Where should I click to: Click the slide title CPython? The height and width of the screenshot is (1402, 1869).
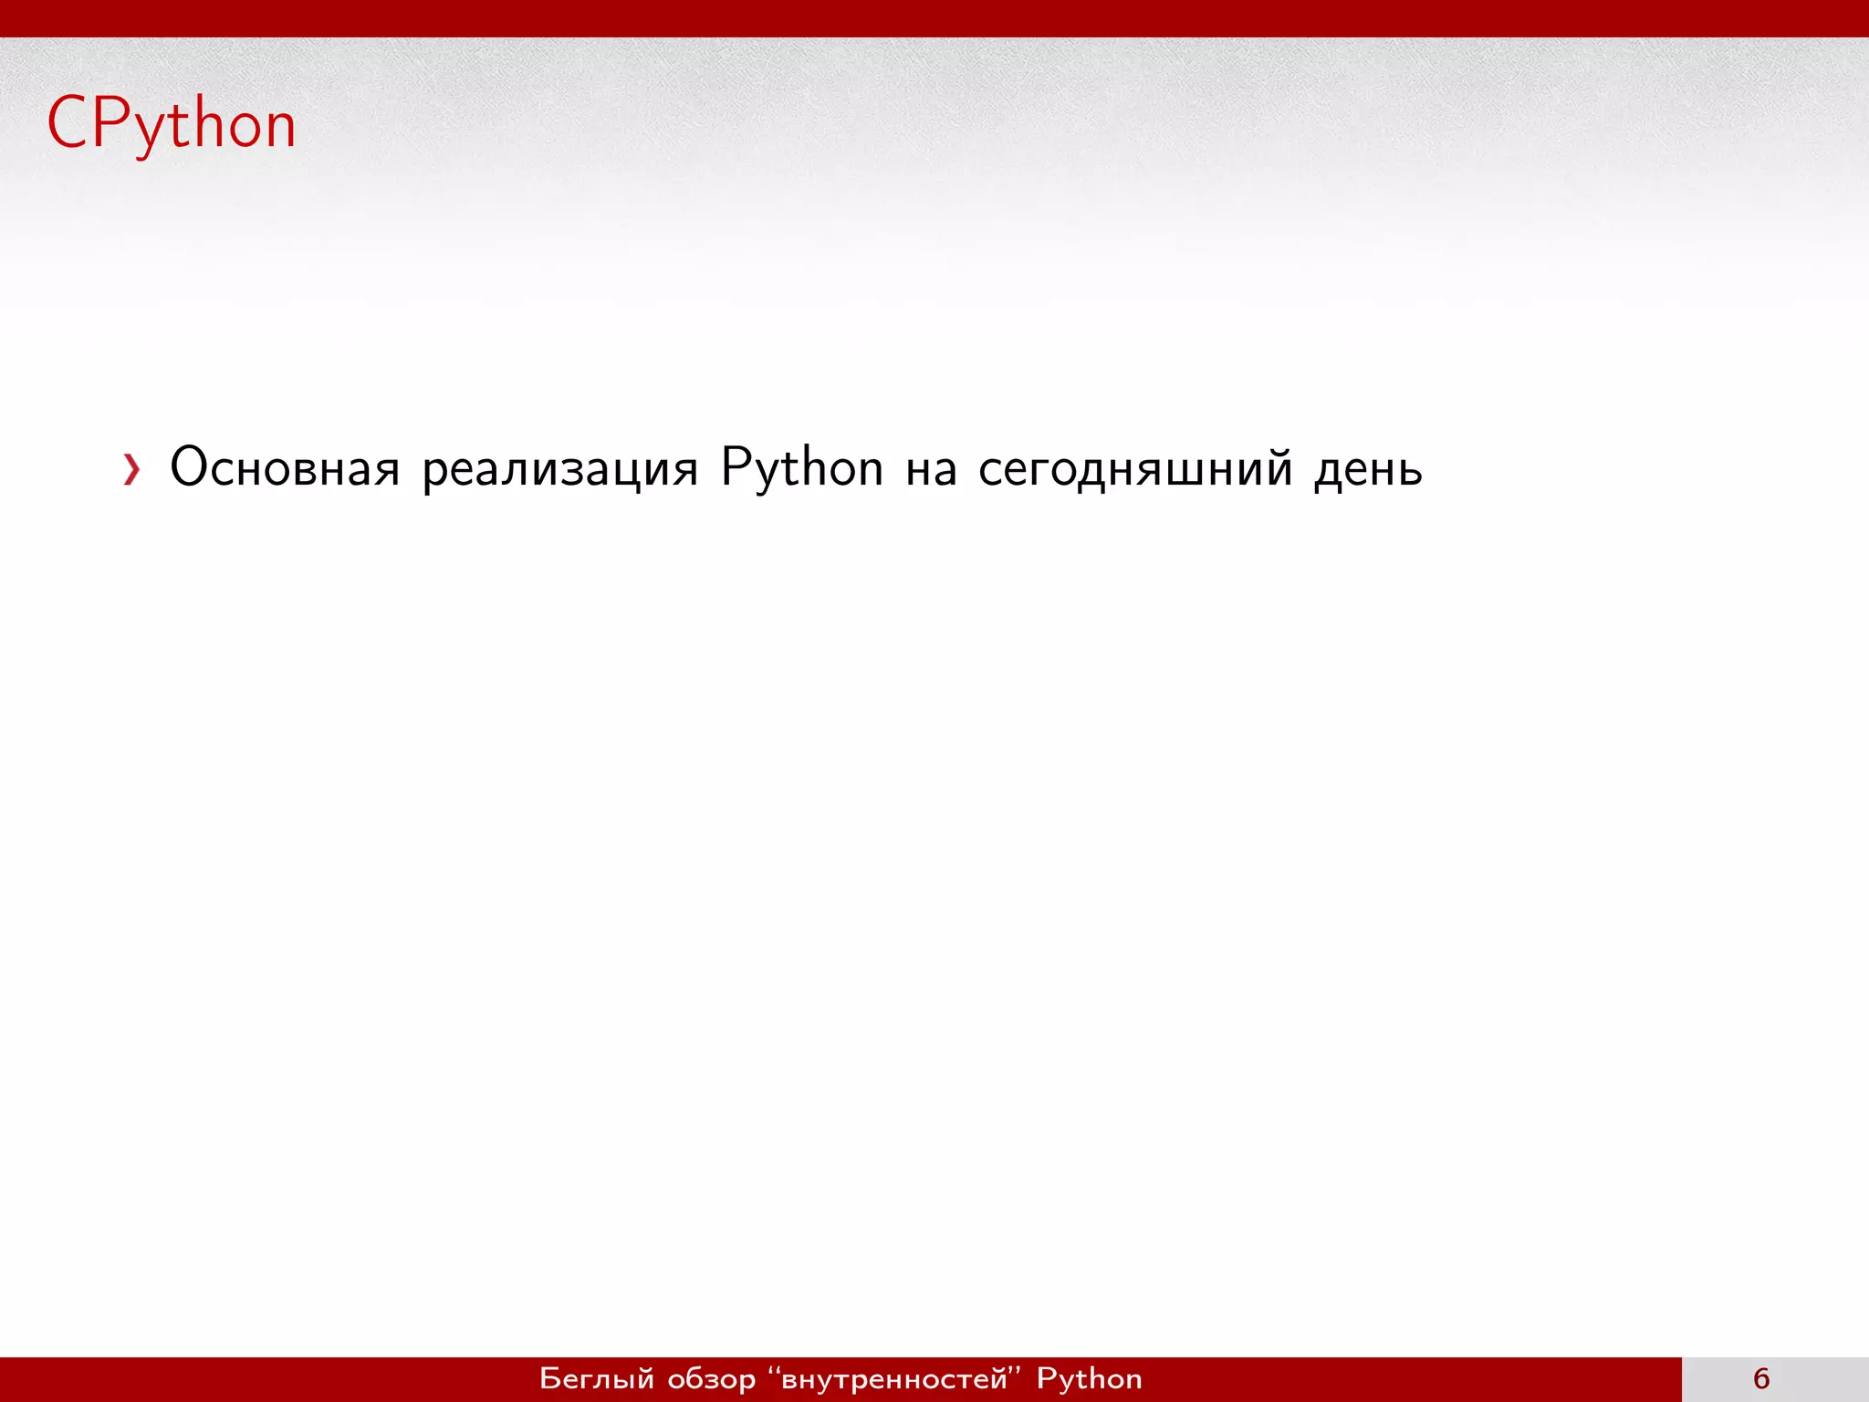pyautogui.click(x=172, y=123)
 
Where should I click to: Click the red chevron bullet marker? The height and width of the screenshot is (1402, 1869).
pyautogui.click(x=132, y=469)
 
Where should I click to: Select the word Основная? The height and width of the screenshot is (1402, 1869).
pyautogui.click(x=285, y=467)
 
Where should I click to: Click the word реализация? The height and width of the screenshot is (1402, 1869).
pyautogui.click(x=559, y=469)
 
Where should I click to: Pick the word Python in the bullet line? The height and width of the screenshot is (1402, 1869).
pyautogui.click(x=801, y=469)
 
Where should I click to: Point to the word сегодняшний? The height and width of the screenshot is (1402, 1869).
pyautogui.click(x=1134, y=469)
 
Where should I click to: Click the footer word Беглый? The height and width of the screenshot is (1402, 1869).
pyautogui.click(x=597, y=1378)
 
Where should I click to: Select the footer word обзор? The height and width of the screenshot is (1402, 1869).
pyautogui.click(x=712, y=1379)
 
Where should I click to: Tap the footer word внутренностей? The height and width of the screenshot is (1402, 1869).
pyautogui.click(x=894, y=1379)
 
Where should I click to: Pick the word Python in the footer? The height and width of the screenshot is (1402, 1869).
pyautogui.click(x=1089, y=1379)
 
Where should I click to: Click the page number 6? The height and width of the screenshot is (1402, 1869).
pyautogui.click(x=1761, y=1378)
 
